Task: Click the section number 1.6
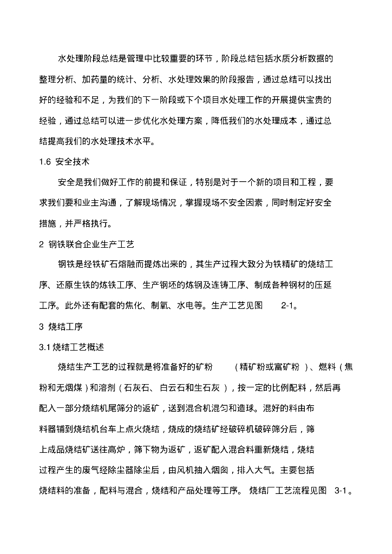(45, 161)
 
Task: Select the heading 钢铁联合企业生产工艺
(95, 244)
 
